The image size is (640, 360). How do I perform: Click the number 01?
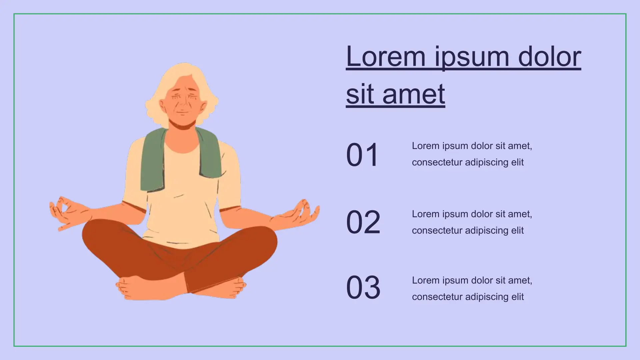(362, 155)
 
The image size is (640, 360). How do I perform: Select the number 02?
(363, 222)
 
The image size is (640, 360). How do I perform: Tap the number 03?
(363, 287)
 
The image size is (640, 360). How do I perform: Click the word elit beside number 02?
(517, 230)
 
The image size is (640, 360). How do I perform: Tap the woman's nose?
(183, 102)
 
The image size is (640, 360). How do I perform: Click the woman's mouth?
(182, 112)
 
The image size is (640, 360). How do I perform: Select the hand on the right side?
(296, 215)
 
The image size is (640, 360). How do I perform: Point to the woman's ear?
(163, 106)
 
